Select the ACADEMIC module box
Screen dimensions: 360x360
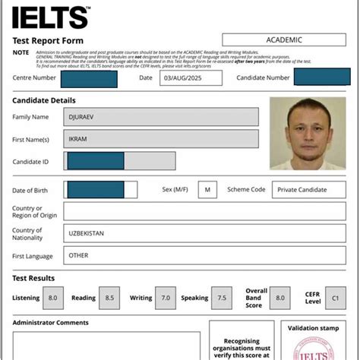tap(284, 39)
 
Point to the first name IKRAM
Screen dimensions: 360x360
tap(81, 139)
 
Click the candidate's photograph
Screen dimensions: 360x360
tap(302, 133)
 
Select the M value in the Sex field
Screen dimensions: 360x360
tap(207, 189)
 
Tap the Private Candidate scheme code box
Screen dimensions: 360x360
tap(302, 189)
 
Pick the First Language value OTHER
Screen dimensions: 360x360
tap(79, 256)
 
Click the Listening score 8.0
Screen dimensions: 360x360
tap(53, 298)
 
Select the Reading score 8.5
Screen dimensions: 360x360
tap(110, 298)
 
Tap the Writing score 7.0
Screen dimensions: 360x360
tap(166, 298)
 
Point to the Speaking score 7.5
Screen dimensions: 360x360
tap(223, 298)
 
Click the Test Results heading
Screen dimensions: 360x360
tap(33, 278)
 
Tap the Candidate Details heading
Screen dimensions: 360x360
tap(44, 100)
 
